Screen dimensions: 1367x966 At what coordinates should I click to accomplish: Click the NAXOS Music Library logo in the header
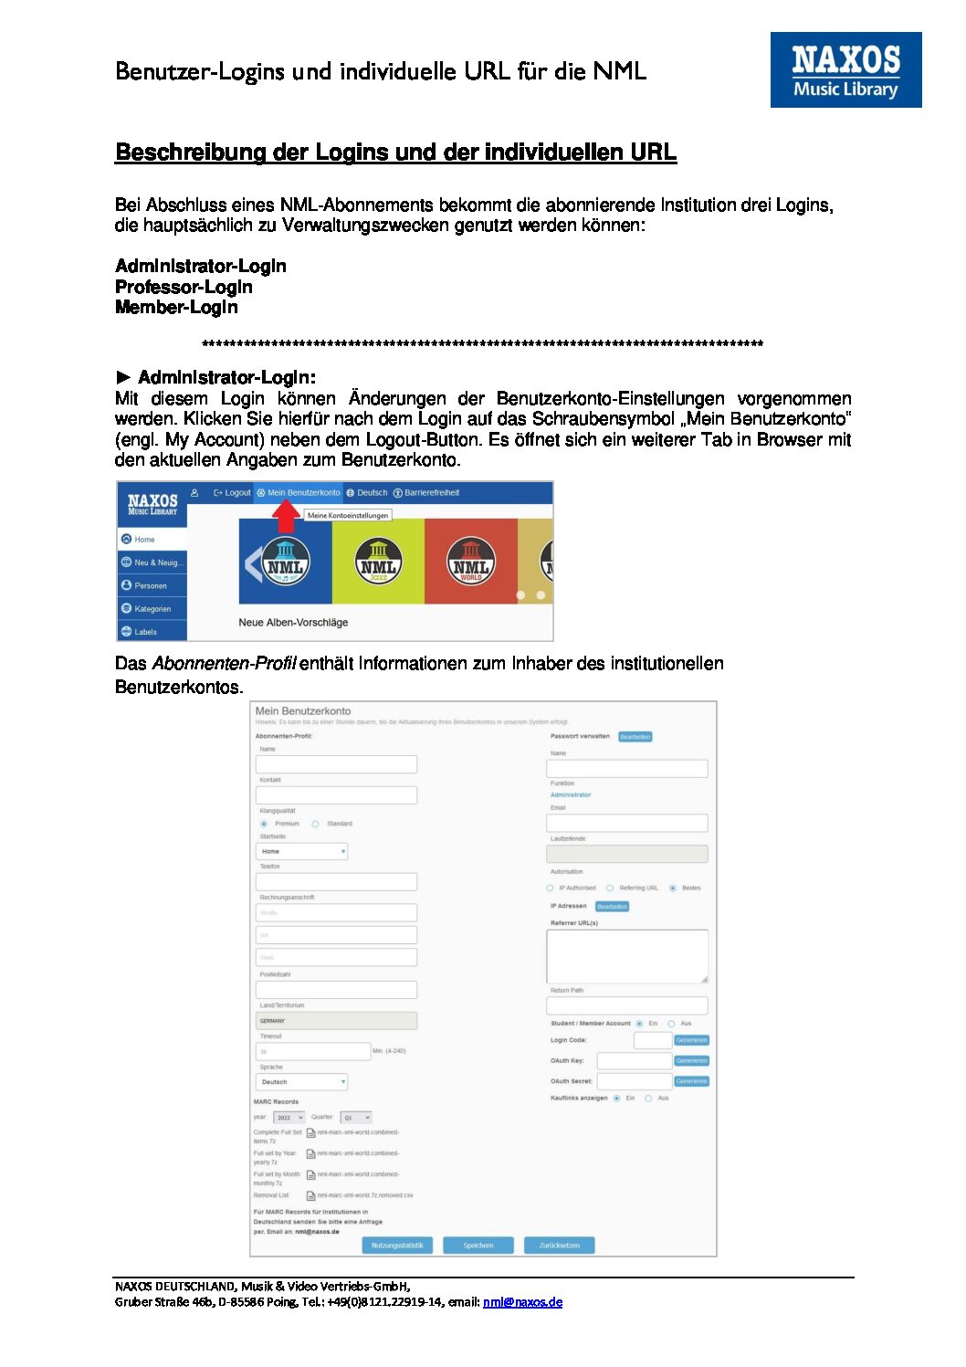845,69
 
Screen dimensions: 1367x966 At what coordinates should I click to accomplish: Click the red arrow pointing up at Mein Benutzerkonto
286,517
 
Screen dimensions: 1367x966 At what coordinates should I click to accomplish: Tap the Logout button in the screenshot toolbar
232,493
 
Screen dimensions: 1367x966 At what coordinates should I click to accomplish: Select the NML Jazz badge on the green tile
378,561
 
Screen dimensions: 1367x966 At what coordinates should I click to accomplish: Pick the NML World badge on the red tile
470,561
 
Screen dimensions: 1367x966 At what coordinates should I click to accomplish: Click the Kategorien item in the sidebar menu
152,609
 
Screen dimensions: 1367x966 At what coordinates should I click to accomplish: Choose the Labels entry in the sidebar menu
145,632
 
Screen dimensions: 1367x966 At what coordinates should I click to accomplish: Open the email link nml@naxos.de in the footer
522,1302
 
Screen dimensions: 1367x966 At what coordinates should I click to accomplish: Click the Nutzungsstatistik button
397,1246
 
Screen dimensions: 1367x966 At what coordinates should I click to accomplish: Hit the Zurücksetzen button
560,1246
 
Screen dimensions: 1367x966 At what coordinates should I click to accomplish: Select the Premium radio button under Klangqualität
264,824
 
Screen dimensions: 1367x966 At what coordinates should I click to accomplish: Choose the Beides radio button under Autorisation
673,888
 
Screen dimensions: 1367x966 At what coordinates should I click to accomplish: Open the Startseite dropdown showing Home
301,851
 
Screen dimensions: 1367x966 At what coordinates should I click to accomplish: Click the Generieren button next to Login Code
691,1040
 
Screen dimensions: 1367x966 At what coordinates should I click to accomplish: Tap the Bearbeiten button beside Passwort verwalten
635,737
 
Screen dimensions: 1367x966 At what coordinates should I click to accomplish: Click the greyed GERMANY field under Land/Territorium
336,1021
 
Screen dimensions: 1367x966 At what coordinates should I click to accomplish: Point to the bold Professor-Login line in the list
184,287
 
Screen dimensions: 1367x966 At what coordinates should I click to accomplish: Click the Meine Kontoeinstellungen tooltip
348,516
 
